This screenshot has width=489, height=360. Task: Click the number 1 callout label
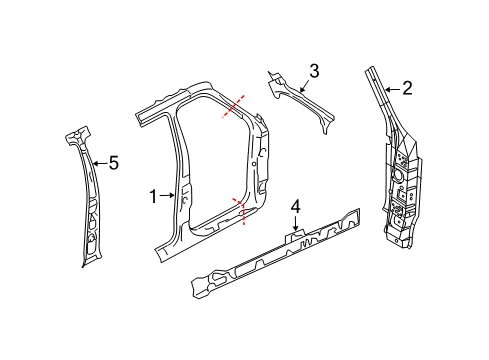pyautogui.click(x=154, y=198)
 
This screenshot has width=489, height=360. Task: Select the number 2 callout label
pyautogui.click(x=408, y=89)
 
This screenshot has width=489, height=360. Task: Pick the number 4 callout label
pyautogui.click(x=295, y=207)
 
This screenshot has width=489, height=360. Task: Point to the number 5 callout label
pyautogui.click(x=113, y=163)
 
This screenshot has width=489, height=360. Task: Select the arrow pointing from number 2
pyautogui.click(x=392, y=89)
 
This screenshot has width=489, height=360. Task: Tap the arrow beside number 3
pyautogui.click(x=299, y=80)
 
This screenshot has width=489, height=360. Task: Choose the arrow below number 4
pyautogui.click(x=295, y=226)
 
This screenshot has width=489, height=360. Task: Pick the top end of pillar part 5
pyautogui.click(x=78, y=131)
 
